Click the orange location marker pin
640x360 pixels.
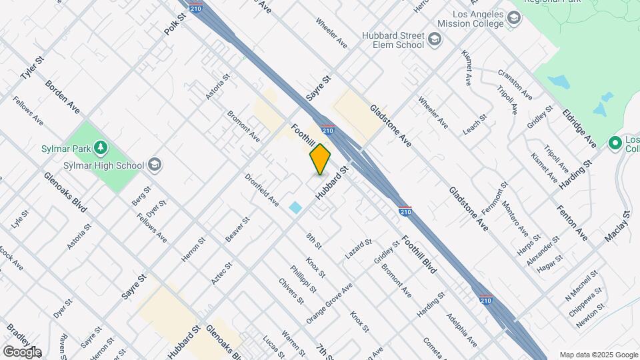coord(320,159)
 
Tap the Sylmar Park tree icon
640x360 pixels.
coord(101,147)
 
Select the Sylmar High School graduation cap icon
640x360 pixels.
coord(155,165)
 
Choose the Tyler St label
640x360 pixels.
coord(31,68)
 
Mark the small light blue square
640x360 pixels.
coord(295,207)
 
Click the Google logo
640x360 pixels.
coord(21,351)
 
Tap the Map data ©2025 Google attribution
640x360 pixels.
coord(598,355)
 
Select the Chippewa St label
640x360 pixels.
coord(585,302)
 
